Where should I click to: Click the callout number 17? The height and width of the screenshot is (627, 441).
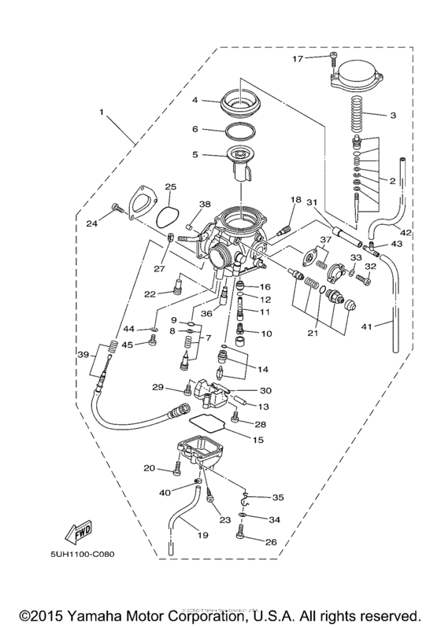[x=320, y=58]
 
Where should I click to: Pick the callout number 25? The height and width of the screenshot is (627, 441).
[x=169, y=186]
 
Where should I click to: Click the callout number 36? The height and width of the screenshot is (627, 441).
[x=207, y=313]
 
